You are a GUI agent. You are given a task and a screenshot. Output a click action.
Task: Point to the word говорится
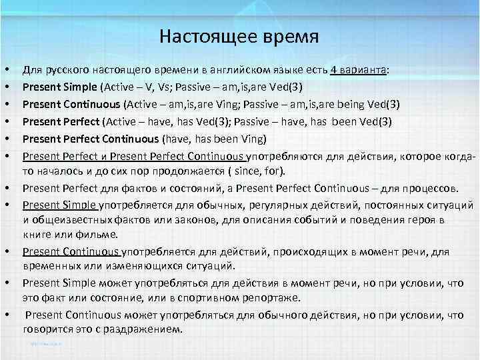point(48,329)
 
